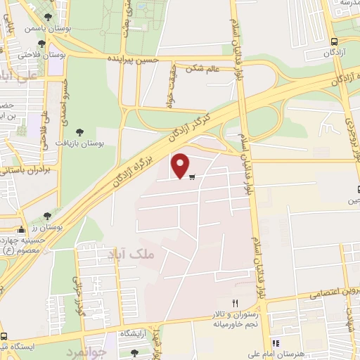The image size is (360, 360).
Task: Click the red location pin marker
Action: pyautogui.click(x=181, y=165)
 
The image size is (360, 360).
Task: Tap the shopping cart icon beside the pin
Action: pyautogui.click(x=191, y=176)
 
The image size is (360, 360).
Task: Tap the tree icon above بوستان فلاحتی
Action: pyautogui.click(x=48, y=41)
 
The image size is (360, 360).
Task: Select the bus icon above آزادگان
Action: pyautogui.click(x=334, y=41)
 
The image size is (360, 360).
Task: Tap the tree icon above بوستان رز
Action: pyautogui.click(x=47, y=216)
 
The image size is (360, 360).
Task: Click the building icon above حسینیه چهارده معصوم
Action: pyautogui.click(x=22, y=229)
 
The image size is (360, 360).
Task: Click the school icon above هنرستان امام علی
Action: pyautogui.click(x=276, y=343)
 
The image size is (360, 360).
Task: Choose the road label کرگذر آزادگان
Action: pyautogui.click(x=190, y=127)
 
